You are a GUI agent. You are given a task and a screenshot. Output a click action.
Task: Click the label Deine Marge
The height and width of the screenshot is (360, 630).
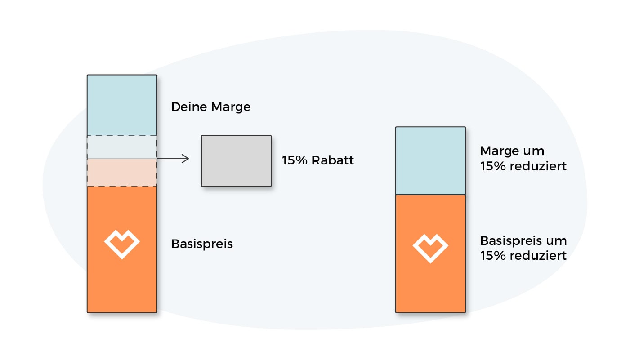click(x=210, y=107)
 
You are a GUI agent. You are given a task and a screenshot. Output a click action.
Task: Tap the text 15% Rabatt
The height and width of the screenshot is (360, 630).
click(x=317, y=160)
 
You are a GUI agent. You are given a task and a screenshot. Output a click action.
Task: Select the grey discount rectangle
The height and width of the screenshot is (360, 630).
click(x=236, y=160)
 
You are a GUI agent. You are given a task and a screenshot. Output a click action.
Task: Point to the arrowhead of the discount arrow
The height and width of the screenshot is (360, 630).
click(x=186, y=158)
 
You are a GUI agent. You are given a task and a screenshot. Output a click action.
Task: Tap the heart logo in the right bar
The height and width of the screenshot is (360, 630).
click(x=430, y=248)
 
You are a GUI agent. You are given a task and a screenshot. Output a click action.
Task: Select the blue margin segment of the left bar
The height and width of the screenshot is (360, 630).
click(x=122, y=105)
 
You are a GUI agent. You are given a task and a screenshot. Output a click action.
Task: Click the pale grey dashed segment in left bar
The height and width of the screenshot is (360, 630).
click(x=122, y=147)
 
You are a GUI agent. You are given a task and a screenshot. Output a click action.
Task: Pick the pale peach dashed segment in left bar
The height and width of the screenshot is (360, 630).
click(x=122, y=172)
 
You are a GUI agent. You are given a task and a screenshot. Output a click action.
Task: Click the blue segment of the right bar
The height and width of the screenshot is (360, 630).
click(x=430, y=160)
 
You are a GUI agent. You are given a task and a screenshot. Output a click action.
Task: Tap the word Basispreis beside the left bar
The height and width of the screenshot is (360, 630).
click(x=202, y=244)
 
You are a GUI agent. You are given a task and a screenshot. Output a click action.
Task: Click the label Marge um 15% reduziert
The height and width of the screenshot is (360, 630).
click(x=523, y=158)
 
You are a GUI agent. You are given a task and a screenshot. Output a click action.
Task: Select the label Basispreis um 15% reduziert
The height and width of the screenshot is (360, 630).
click(x=523, y=248)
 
